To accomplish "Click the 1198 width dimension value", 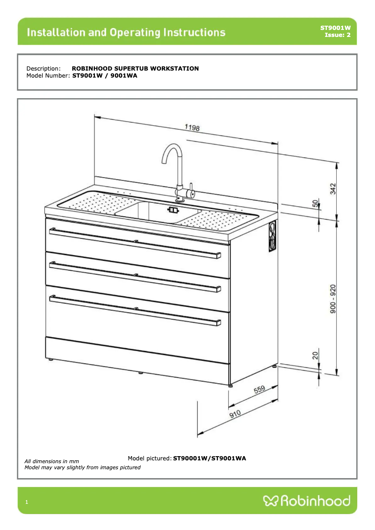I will coord(192,127).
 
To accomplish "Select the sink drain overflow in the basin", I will coord(173,210).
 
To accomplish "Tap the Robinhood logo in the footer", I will coord(307,501).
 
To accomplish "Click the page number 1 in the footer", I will coord(27,502).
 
